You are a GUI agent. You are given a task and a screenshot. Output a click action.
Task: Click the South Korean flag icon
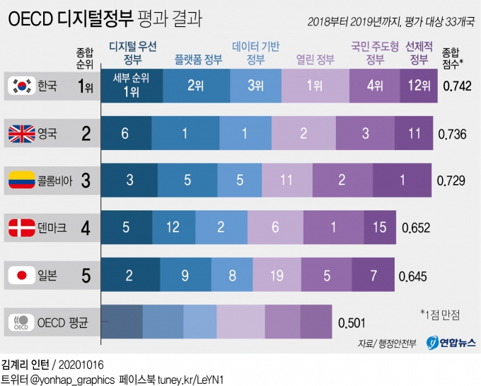click(x=22, y=86)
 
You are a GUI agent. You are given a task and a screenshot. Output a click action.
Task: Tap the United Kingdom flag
click(x=22, y=133)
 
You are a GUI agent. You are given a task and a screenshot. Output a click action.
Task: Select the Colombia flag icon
click(x=22, y=181)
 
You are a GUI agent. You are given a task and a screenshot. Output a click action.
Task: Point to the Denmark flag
click(x=22, y=227)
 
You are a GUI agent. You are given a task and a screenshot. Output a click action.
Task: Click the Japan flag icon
click(x=22, y=274)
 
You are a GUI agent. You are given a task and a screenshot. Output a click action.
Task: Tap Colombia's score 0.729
click(x=451, y=181)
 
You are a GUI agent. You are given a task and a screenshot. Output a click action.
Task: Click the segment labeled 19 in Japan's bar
click(x=276, y=274)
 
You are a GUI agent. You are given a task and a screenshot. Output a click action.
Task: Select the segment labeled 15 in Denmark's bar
click(x=380, y=227)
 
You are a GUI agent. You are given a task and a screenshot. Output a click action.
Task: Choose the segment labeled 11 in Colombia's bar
click(x=286, y=181)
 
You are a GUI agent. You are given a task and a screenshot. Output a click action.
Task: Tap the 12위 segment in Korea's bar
click(x=419, y=86)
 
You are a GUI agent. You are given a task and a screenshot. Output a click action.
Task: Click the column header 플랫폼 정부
click(x=198, y=60)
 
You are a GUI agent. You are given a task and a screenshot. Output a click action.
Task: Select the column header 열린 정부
click(x=315, y=60)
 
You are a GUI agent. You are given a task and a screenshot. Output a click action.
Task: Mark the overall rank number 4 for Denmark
click(x=86, y=227)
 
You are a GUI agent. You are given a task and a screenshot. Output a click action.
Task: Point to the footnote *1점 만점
click(x=441, y=312)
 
